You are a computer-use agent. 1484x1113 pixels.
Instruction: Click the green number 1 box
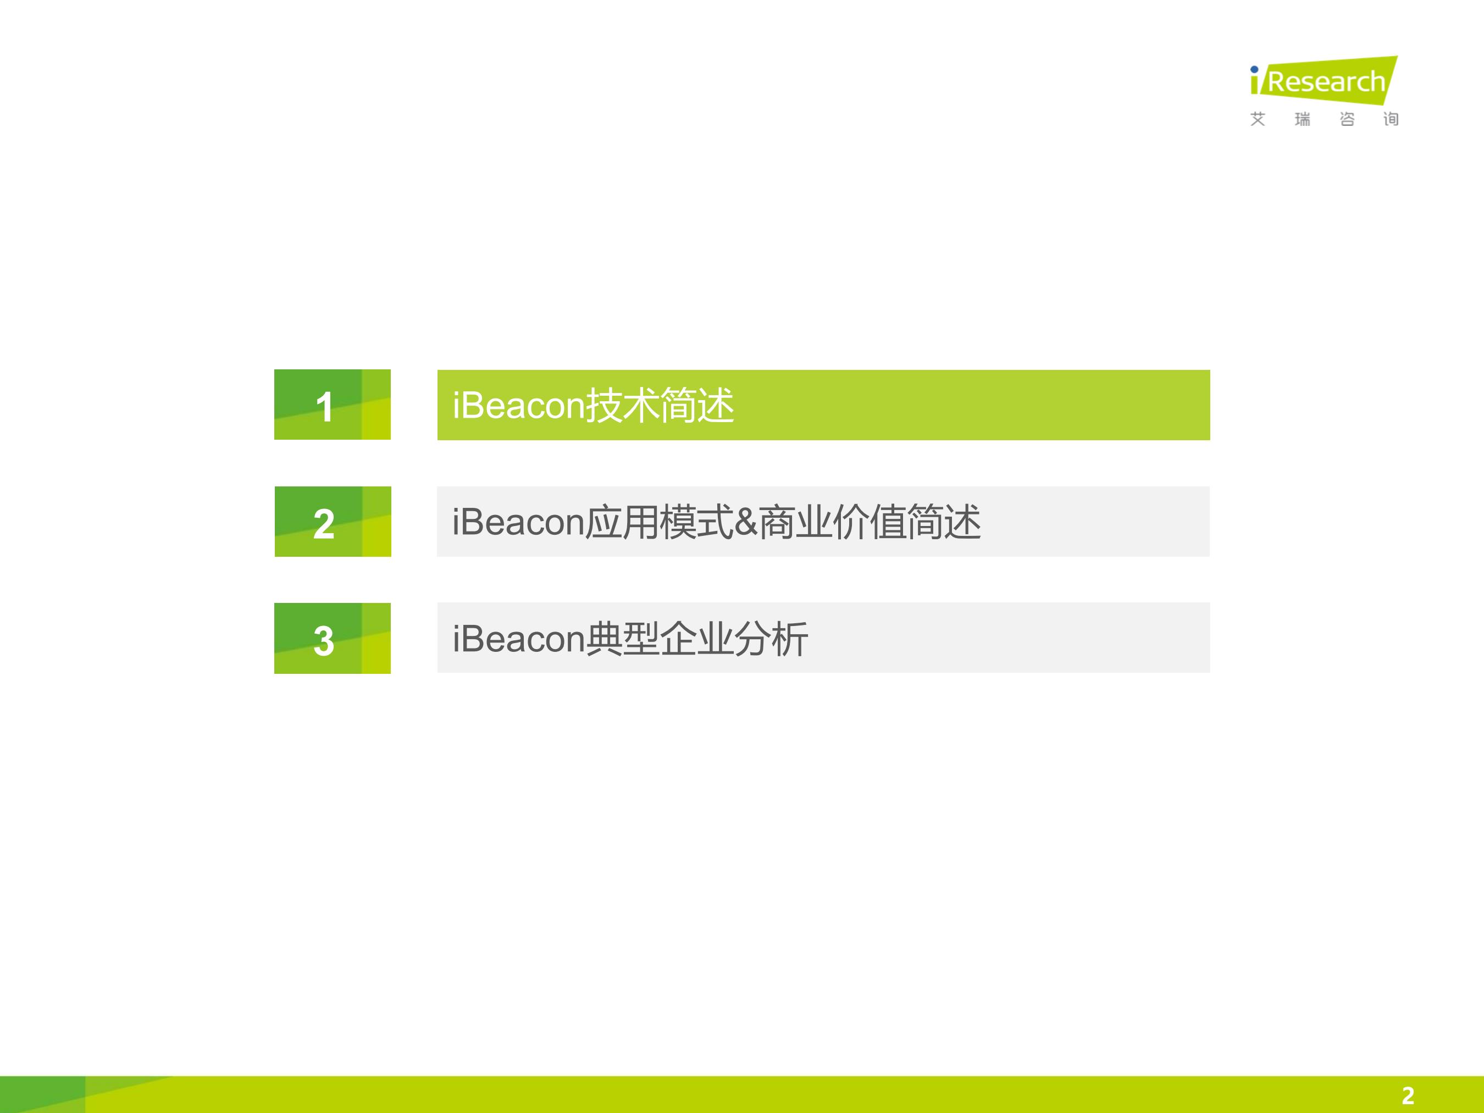click(x=332, y=405)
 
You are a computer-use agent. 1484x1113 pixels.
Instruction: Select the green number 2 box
click(x=333, y=521)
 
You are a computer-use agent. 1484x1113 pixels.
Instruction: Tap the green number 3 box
click(x=332, y=638)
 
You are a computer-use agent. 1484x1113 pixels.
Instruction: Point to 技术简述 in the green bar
click(x=660, y=405)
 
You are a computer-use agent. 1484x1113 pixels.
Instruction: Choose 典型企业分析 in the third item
click(x=697, y=639)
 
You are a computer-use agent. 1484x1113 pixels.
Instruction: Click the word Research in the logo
click(x=1326, y=82)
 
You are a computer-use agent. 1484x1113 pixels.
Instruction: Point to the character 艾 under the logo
click(x=1258, y=119)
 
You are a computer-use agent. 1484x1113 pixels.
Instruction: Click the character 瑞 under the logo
click(x=1302, y=119)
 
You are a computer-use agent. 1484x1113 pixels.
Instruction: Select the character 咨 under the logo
click(x=1347, y=119)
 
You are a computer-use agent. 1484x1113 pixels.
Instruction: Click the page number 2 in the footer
click(x=1408, y=1095)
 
